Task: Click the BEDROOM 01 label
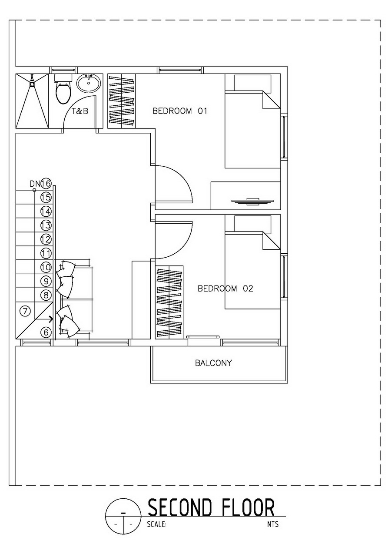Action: click(x=180, y=111)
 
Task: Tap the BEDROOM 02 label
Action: click(x=225, y=289)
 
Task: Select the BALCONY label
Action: click(x=213, y=363)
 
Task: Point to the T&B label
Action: click(x=80, y=111)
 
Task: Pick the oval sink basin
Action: click(x=89, y=84)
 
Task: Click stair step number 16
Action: click(x=46, y=184)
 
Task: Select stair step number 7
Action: click(x=25, y=311)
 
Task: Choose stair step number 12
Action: click(x=46, y=239)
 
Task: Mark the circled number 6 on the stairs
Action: click(x=46, y=332)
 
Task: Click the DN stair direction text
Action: click(x=35, y=184)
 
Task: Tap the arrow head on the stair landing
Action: click(x=51, y=319)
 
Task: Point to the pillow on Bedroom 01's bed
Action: click(x=252, y=83)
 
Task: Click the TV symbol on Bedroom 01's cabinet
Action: click(x=252, y=201)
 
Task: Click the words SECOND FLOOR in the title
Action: click(x=211, y=507)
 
